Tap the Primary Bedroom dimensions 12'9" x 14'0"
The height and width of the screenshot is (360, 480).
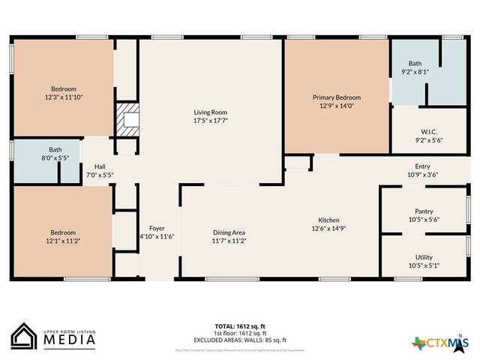[337, 106]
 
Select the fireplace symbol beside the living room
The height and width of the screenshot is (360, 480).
[130, 119]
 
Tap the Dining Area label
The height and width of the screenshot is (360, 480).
[229, 232]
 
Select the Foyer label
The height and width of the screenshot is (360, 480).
[157, 228]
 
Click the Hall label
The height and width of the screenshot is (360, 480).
[100, 166]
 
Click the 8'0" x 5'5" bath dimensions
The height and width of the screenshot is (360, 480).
[55, 158]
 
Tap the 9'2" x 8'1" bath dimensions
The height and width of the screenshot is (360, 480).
[415, 73]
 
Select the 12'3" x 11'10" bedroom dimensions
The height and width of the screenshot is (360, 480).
[63, 96]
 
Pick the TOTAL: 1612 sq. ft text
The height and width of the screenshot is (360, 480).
[240, 326]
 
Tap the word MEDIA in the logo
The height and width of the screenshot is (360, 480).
[68, 340]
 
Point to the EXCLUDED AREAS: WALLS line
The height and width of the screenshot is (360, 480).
[240, 339]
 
